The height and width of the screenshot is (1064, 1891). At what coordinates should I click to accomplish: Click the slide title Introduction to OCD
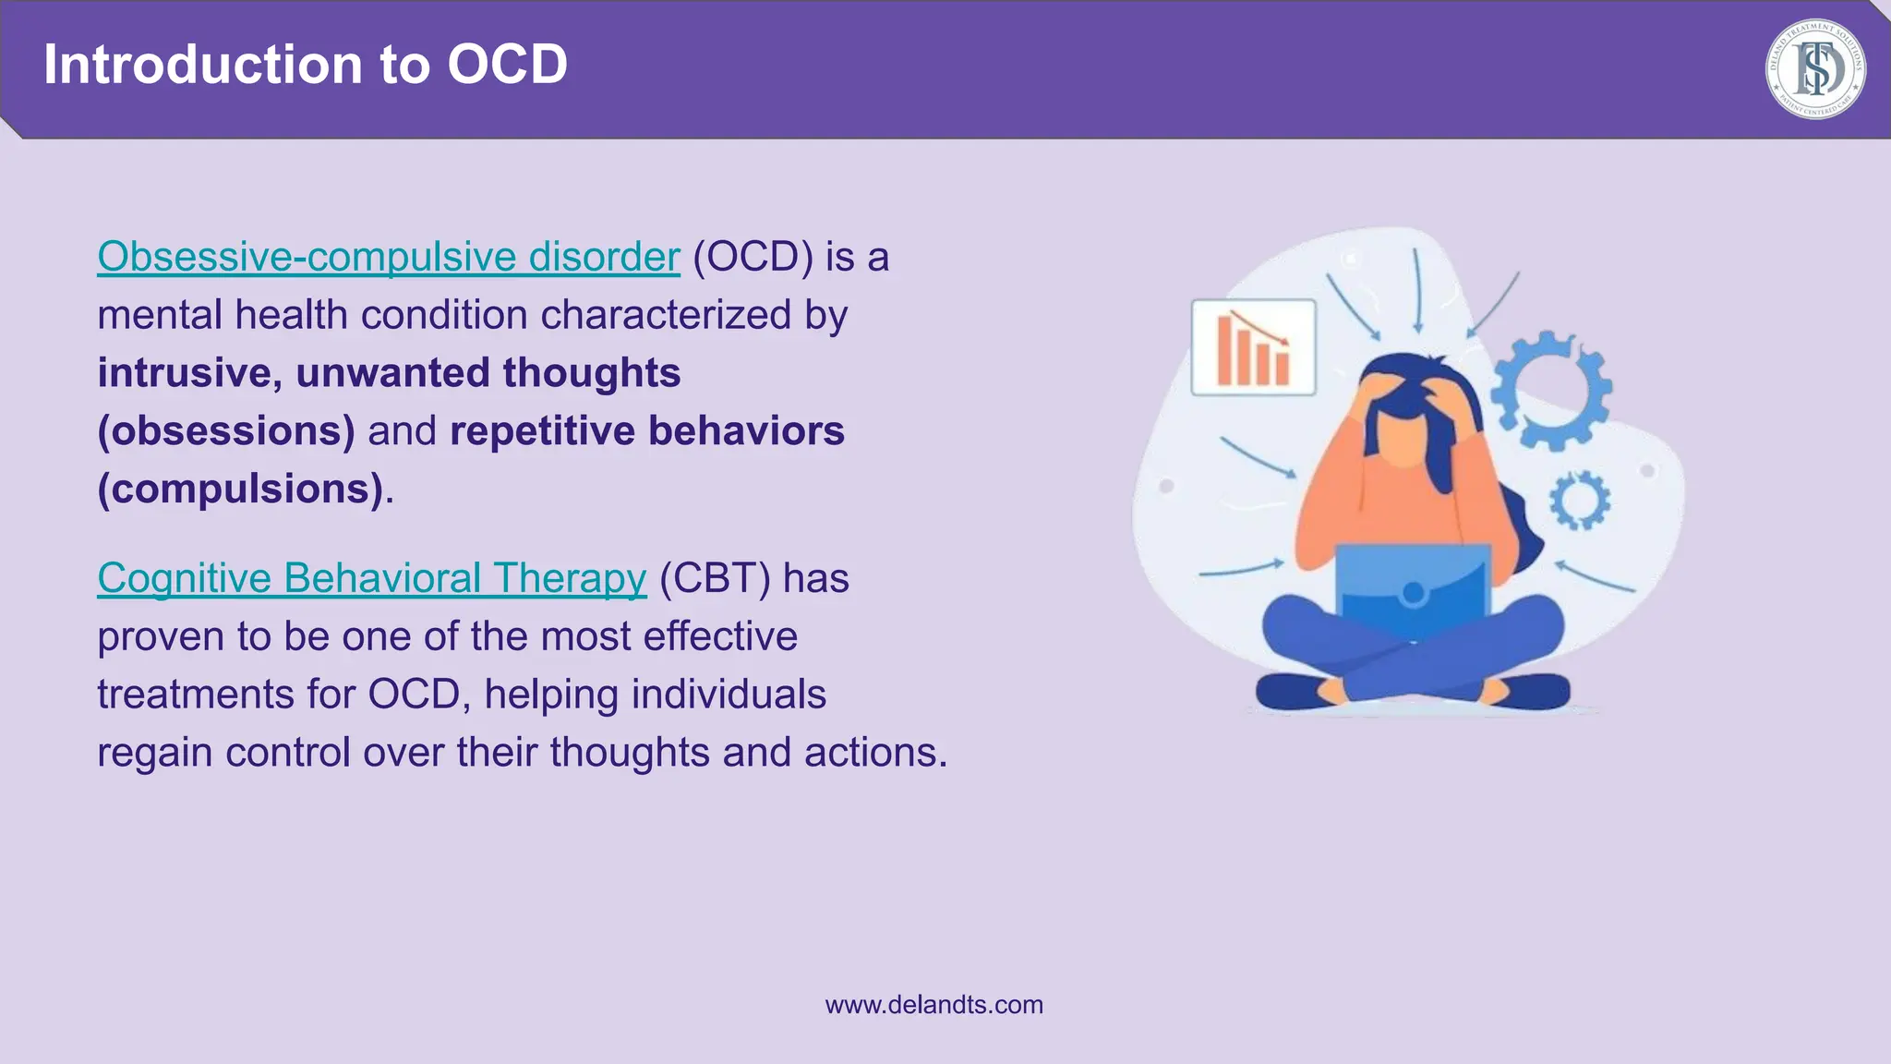tap(305, 65)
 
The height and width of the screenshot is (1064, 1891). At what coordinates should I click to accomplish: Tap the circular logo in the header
tap(1814, 70)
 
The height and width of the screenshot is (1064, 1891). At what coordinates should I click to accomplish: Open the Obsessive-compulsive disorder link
tap(388, 257)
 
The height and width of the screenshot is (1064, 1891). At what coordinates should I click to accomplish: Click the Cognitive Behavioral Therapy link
tap(371, 578)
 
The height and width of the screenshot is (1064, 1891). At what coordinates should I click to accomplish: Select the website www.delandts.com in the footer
tap(933, 1005)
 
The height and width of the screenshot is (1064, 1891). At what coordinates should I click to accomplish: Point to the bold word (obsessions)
tap(226, 431)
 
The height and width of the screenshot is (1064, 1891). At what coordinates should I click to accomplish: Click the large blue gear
tap(1551, 390)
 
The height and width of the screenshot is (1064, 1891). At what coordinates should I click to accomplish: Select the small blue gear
tap(1580, 501)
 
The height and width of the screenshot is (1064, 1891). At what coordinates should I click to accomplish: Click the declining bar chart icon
tap(1253, 347)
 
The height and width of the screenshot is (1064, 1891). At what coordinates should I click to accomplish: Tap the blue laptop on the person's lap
tap(1413, 591)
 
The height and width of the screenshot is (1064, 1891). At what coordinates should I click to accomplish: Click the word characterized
tap(666, 315)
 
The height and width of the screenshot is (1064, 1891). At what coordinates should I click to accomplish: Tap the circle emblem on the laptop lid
tap(1413, 593)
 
